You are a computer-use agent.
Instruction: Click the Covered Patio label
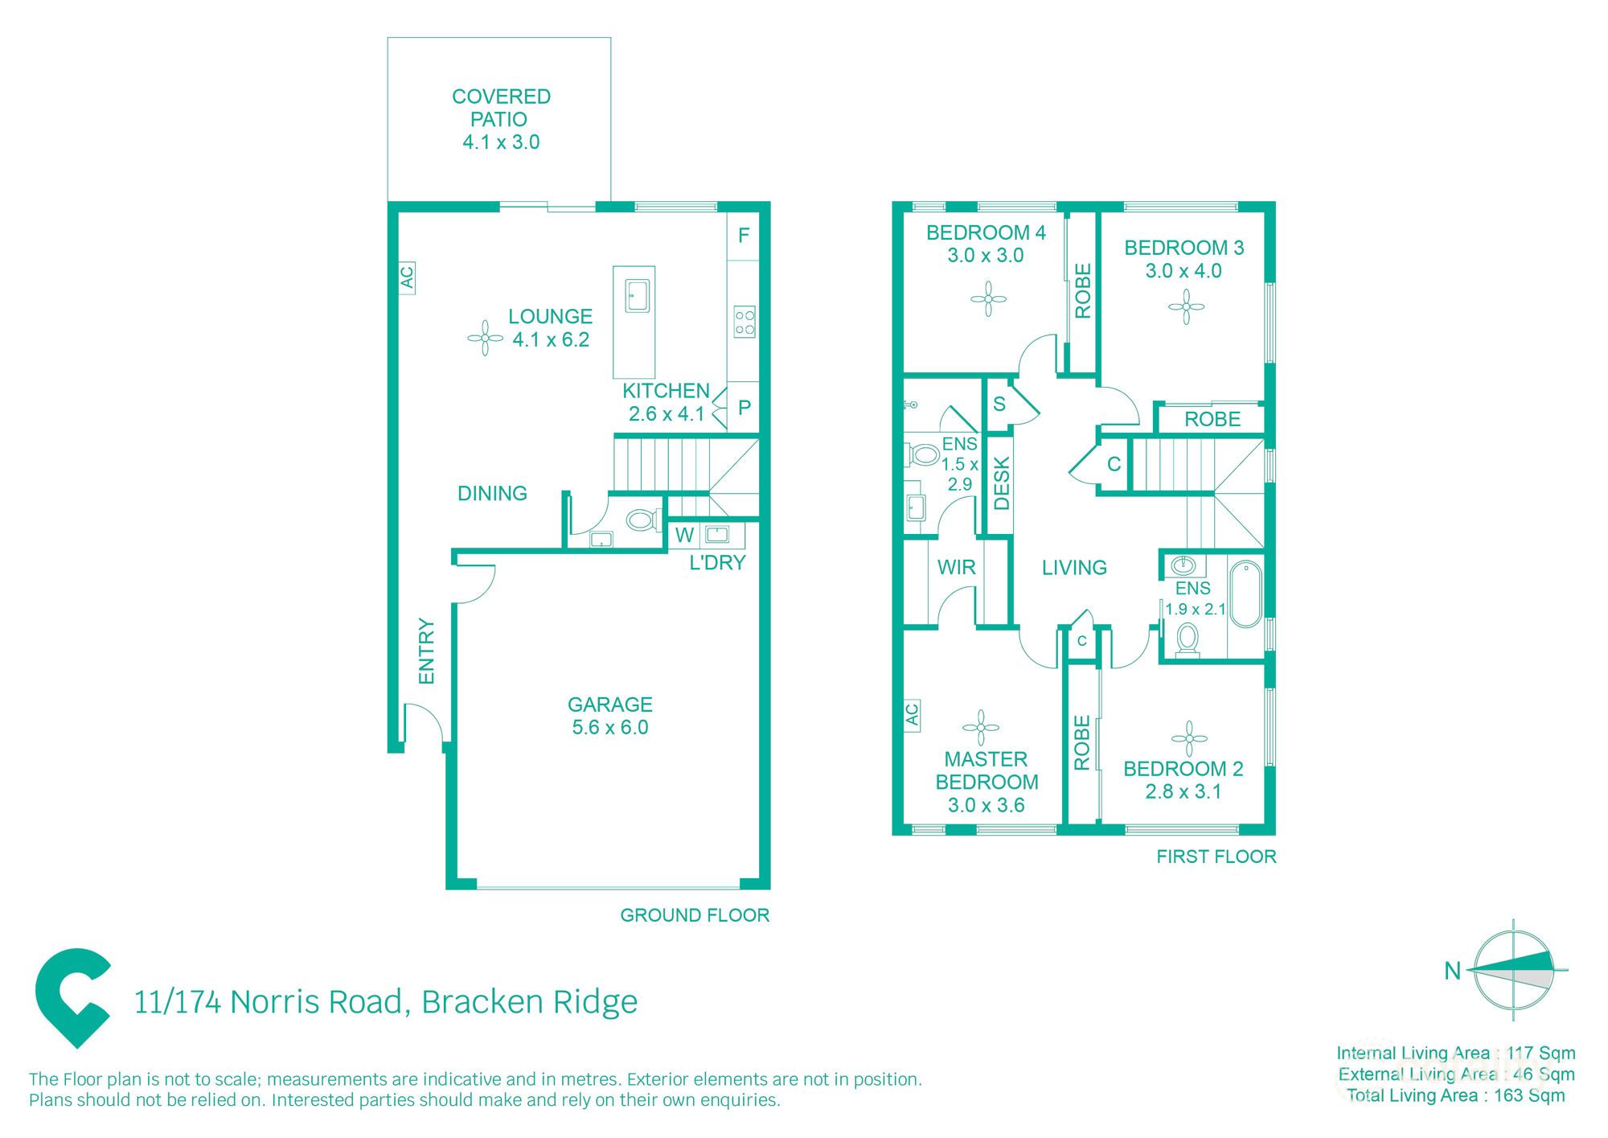(500, 108)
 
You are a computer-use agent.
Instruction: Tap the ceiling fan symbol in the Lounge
(485, 338)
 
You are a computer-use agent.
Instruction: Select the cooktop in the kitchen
(745, 322)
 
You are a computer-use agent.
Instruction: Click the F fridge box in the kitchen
(744, 236)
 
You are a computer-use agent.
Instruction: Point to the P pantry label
(745, 408)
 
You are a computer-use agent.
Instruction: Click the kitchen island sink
(637, 295)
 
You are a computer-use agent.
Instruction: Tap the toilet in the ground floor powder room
(642, 520)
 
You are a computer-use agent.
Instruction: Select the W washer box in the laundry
(684, 535)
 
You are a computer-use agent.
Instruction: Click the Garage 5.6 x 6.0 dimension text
(609, 727)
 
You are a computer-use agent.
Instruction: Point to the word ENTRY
(426, 651)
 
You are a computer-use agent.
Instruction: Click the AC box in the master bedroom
(912, 714)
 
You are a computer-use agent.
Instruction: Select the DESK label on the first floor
(1001, 483)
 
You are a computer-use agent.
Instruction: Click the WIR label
(956, 567)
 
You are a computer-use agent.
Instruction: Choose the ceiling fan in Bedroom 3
(1186, 306)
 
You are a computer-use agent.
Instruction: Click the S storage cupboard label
(999, 404)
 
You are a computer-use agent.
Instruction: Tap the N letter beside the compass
(1452, 971)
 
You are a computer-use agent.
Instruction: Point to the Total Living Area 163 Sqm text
(1455, 1095)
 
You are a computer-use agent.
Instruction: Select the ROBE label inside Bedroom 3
(1212, 419)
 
